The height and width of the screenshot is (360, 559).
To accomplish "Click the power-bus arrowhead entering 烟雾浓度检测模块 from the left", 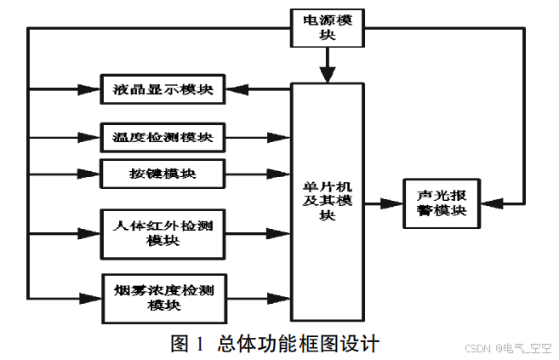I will [92, 297].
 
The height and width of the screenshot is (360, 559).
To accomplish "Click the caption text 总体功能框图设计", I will [298, 343].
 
